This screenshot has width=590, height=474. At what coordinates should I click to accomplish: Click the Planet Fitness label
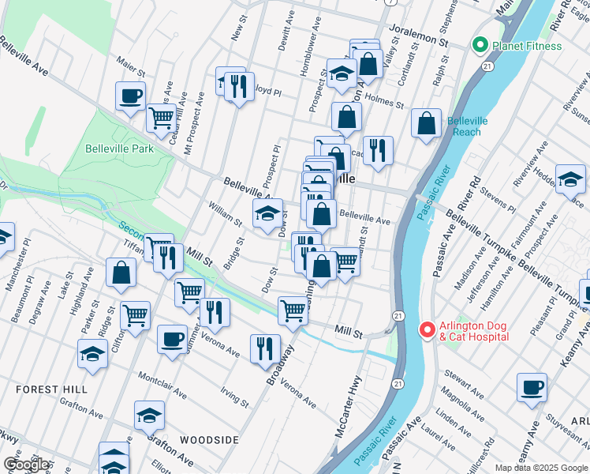coord(527,46)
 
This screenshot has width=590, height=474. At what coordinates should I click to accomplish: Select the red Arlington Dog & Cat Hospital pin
coord(427,328)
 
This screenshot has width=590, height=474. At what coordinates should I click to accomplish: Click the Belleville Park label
coord(119,149)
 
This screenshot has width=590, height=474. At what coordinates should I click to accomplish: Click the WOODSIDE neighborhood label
coord(208,439)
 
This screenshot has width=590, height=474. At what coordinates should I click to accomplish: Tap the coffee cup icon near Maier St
coord(131,96)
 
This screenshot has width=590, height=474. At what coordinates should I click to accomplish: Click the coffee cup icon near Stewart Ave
coord(532,388)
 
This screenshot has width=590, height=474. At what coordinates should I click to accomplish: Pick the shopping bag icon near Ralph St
coord(427,123)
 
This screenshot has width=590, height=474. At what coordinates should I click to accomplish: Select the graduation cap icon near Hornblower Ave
coord(341,73)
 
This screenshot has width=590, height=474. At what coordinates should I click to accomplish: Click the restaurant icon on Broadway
coord(265,348)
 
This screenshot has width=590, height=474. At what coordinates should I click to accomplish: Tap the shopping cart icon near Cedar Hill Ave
coord(161,118)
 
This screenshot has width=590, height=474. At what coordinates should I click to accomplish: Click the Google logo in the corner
coord(27,465)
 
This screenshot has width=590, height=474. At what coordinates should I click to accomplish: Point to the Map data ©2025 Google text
coord(541,468)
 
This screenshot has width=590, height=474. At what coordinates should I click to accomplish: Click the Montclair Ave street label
coord(162,384)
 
